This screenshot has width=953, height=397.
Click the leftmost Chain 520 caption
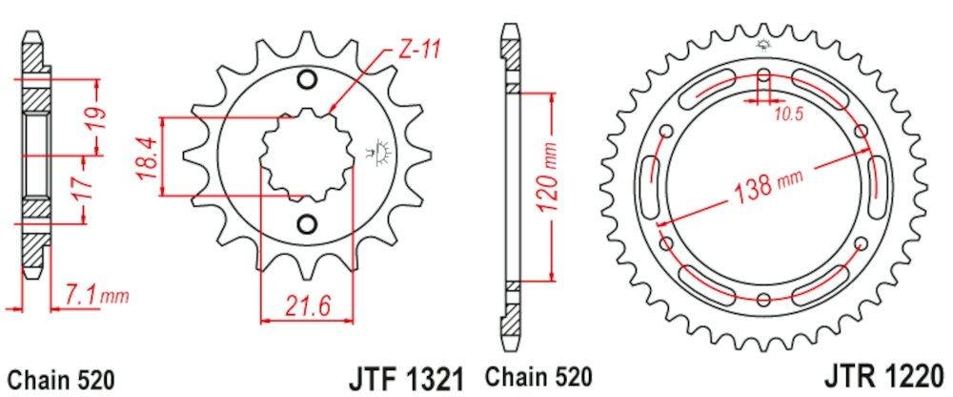[x=60, y=377]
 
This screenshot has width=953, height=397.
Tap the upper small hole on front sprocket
[x=306, y=79]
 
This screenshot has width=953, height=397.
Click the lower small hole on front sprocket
[x=306, y=223]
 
